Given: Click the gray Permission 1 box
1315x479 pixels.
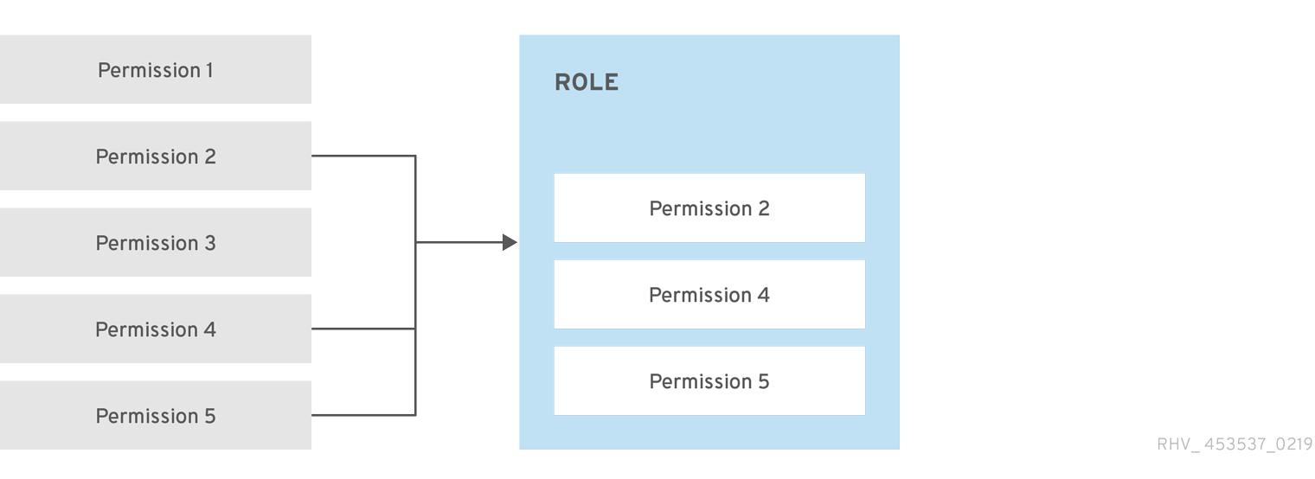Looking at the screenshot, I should (156, 69).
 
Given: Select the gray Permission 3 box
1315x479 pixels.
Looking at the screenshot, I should (156, 242).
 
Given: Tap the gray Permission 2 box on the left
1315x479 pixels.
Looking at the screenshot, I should (156, 156).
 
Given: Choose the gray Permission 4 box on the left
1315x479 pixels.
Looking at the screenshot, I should (156, 329).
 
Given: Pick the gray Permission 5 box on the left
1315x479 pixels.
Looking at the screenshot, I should (156, 415).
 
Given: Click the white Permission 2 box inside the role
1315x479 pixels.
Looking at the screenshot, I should (709, 208).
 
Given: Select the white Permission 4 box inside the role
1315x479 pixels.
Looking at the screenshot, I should (709, 294).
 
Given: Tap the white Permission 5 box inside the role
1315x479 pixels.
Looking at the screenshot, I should (709, 380).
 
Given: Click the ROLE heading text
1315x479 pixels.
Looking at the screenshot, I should (587, 83).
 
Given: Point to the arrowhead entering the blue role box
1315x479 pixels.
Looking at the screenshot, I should (510, 242).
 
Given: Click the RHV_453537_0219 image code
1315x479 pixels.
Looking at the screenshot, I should (1235, 444).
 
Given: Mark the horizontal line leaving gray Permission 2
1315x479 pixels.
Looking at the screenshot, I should (363, 156).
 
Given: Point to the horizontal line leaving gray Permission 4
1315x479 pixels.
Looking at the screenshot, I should (363, 329).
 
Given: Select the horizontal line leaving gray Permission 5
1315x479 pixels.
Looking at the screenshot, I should (363, 415).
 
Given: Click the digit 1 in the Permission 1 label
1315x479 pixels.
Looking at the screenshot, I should (208, 70).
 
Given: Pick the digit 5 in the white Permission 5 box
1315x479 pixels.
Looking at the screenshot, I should (763, 381).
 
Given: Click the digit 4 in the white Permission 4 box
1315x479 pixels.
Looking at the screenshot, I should (763, 295).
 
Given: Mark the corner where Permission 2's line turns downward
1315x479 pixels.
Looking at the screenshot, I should (415, 156).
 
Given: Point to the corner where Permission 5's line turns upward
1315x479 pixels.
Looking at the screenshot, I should (415, 415).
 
